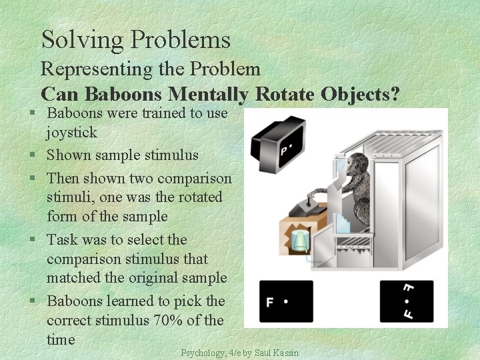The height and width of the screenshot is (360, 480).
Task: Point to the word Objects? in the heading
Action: pos(360,94)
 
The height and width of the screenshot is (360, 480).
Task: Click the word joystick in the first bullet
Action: pos(71,133)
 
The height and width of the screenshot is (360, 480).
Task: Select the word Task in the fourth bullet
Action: pos(62,240)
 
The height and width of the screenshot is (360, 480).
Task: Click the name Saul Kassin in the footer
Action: pos(277,353)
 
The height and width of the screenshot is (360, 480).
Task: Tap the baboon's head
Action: pos(345,165)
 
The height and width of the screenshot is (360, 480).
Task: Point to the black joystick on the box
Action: pos(309,201)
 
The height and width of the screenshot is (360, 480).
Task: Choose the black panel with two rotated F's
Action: pos(406,301)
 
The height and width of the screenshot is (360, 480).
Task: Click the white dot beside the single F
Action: pos(285,301)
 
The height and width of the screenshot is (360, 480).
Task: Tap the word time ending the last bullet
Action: pos(61,340)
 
